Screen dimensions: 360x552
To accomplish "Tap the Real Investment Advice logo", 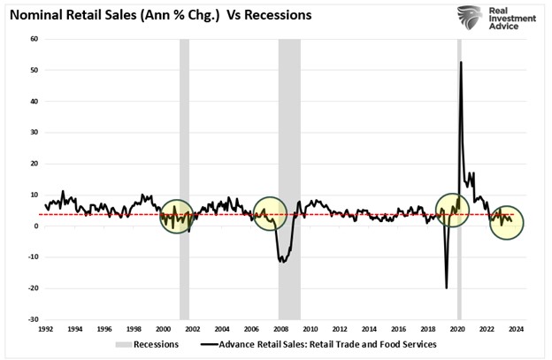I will [x=500, y=18].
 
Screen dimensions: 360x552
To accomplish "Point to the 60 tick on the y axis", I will [x=34, y=39].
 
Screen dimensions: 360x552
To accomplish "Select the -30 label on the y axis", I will [x=33, y=319].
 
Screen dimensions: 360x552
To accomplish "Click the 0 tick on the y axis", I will [x=36, y=226].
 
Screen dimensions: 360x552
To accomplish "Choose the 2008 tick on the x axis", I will [x=280, y=329].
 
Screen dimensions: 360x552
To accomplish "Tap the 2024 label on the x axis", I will [x=516, y=329].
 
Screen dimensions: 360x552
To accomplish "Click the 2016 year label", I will [x=398, y=329].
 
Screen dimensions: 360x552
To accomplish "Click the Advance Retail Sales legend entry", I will [x=318, y=345].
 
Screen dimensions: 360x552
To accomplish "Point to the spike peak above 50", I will [x=461, y=62].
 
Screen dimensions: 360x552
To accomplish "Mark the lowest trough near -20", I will [x=447, y=287].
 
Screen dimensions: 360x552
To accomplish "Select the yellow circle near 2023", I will [x=507, y=221].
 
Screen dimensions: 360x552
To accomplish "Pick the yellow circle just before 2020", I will [x=452, y=210].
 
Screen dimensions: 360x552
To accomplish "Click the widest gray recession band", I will [x=289, y=177].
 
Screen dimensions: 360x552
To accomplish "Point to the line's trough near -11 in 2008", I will [x=282, y=261].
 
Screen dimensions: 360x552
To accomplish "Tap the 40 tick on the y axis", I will [x=34, y=101].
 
